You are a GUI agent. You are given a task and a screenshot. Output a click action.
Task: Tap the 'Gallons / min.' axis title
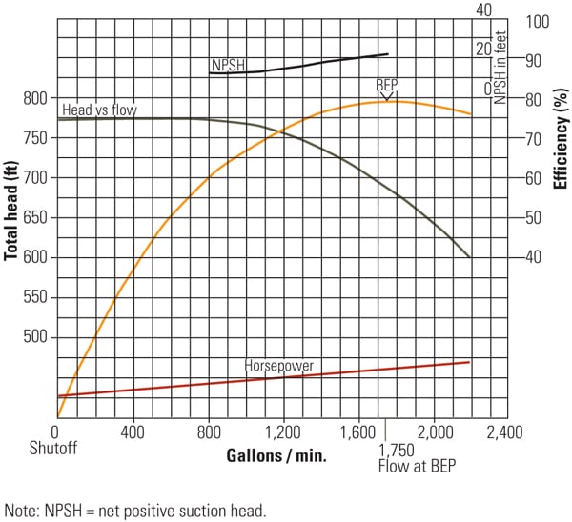[x=276, y=455]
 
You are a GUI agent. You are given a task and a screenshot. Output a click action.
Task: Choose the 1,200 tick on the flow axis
[x=283, y=431]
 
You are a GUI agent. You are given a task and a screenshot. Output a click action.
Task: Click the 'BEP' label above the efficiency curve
[x=386, y=85]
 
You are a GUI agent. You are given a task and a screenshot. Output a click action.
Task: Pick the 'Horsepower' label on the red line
[x=279, y=365]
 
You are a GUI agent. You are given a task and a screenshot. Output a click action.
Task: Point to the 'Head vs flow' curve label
[x=99, y=110]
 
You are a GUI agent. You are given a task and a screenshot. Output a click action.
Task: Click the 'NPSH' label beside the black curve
[x=227, y=66]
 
